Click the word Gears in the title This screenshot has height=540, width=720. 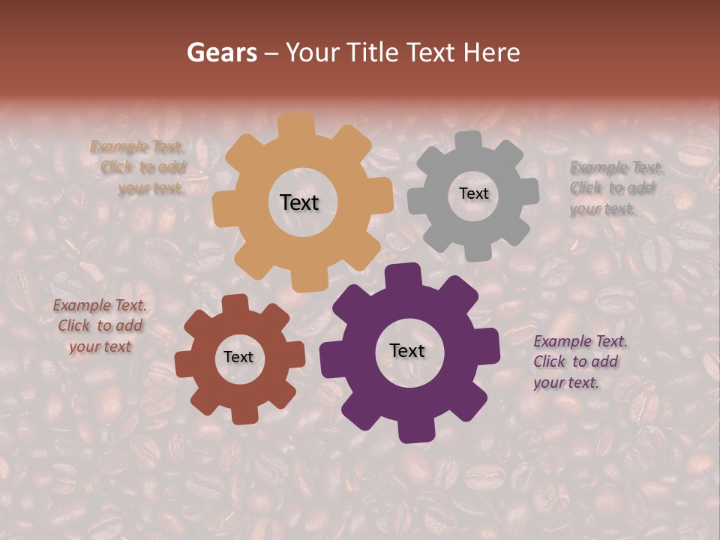click(221, 52)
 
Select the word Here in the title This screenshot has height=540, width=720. click(491, 52)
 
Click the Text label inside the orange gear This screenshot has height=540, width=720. click(299, 202)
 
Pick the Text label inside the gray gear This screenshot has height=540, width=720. click(473, 193)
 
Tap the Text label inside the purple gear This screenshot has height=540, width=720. click(407, 350)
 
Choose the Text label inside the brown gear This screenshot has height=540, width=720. click(238, 357)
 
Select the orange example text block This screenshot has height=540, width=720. click(139, 168)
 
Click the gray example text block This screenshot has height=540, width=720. click(615, 188)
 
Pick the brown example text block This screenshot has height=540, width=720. click(100, 326)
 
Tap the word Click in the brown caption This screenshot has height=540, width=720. click(74, 326)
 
